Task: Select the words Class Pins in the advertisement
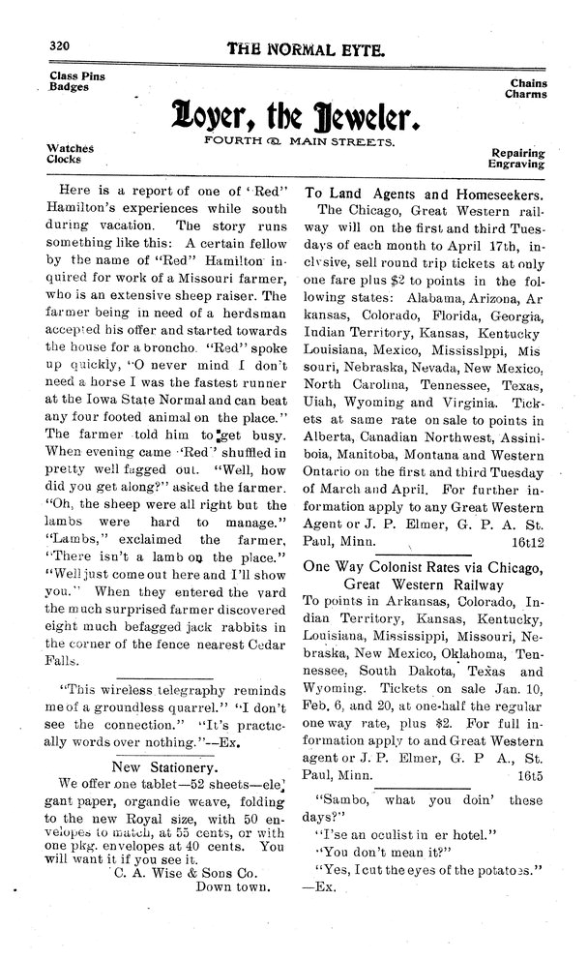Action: point(78,75)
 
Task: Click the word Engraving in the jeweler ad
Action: point(518,165)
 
